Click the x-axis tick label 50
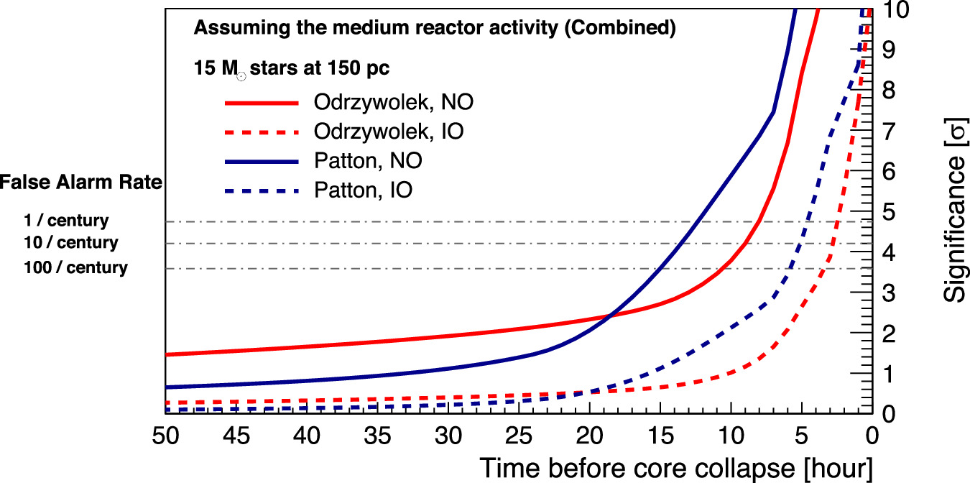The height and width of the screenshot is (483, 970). pyautogui.click(x=165, y=437)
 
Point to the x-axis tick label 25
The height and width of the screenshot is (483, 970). pyautogui.click(x=519, y=437)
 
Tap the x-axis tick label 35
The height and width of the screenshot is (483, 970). pyautogui.click(x=377, y=437)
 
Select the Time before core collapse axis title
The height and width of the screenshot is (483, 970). pyautogui.click(x=675, y=468)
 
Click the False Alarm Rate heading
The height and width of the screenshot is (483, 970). pyautogui.click(x=81, y=183)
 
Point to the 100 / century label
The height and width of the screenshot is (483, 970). pyautogui.click(x=75, y=269)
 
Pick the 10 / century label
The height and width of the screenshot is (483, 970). pyautogui.click(x=70, y=243)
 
